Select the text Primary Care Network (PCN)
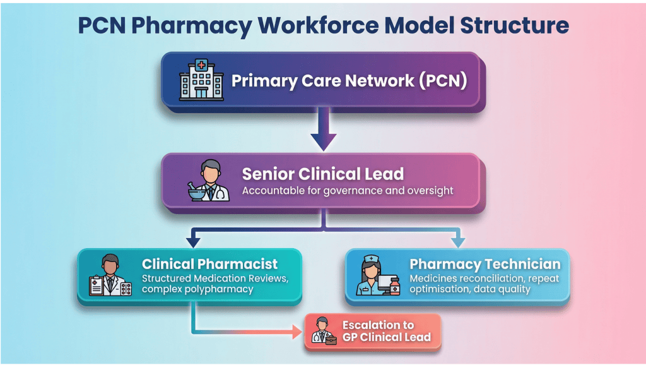coord(349,81)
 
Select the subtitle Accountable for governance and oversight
coord(348,190)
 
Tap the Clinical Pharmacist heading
coord(209,264)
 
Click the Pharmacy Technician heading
coord(484,264)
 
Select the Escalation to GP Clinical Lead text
coord(386,331)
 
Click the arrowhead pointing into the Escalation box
coord(298,330)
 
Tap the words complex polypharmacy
coord(197,289)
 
